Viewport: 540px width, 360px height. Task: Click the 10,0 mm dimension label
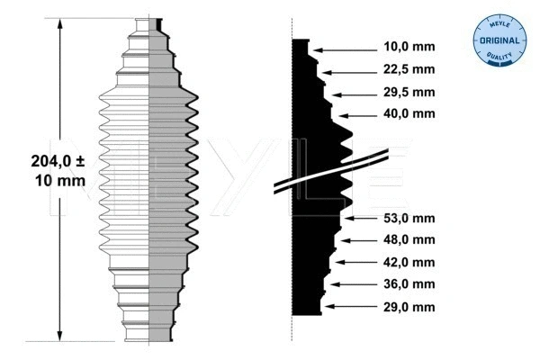coord(409,47)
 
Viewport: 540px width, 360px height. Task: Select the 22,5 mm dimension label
coord(409,69)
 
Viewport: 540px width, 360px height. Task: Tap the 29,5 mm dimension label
coord(409,93)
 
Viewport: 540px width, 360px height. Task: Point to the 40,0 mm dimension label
coord(409,113)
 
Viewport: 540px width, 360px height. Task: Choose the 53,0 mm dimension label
coord(409,218)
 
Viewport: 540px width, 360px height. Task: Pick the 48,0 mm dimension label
coord(409,239)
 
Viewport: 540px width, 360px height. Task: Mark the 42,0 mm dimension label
coord(409,263)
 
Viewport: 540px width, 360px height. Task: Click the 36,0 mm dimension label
coord(409,284)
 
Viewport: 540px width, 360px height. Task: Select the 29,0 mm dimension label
coord(409,307)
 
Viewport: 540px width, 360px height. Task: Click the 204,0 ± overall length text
coord(58,161)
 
